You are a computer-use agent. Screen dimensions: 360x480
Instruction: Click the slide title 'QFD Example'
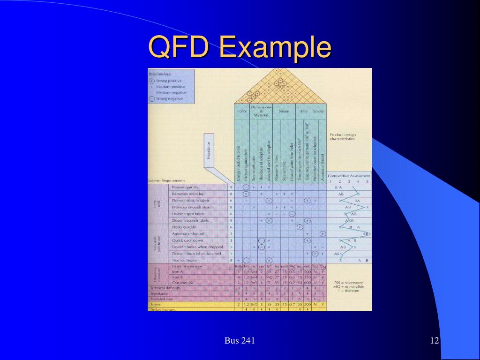(x=240, y=48)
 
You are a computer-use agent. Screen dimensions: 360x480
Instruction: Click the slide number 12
(x=434, y=340)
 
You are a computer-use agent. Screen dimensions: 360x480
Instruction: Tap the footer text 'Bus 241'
(x=240, y=340)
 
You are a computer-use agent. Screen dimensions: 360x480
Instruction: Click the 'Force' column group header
(x=241, y=112)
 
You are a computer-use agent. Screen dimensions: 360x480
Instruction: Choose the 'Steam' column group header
(x=284, y=112)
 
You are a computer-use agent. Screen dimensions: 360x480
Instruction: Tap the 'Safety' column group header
(x=318, y=112)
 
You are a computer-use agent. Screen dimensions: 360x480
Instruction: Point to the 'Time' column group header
(x=303, y=112)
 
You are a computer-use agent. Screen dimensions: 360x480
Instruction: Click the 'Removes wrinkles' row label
(x=188, y=194)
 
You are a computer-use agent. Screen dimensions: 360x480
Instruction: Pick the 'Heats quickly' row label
(x=184, y=227)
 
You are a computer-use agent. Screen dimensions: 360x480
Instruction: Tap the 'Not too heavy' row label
(x=184, y=260)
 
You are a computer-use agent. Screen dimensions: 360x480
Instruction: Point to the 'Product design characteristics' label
(x=342, y=136)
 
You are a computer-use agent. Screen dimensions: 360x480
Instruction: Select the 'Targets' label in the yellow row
(x=154, y=304)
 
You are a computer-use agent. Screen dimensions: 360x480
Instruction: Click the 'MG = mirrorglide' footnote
(x=345, y=286)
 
